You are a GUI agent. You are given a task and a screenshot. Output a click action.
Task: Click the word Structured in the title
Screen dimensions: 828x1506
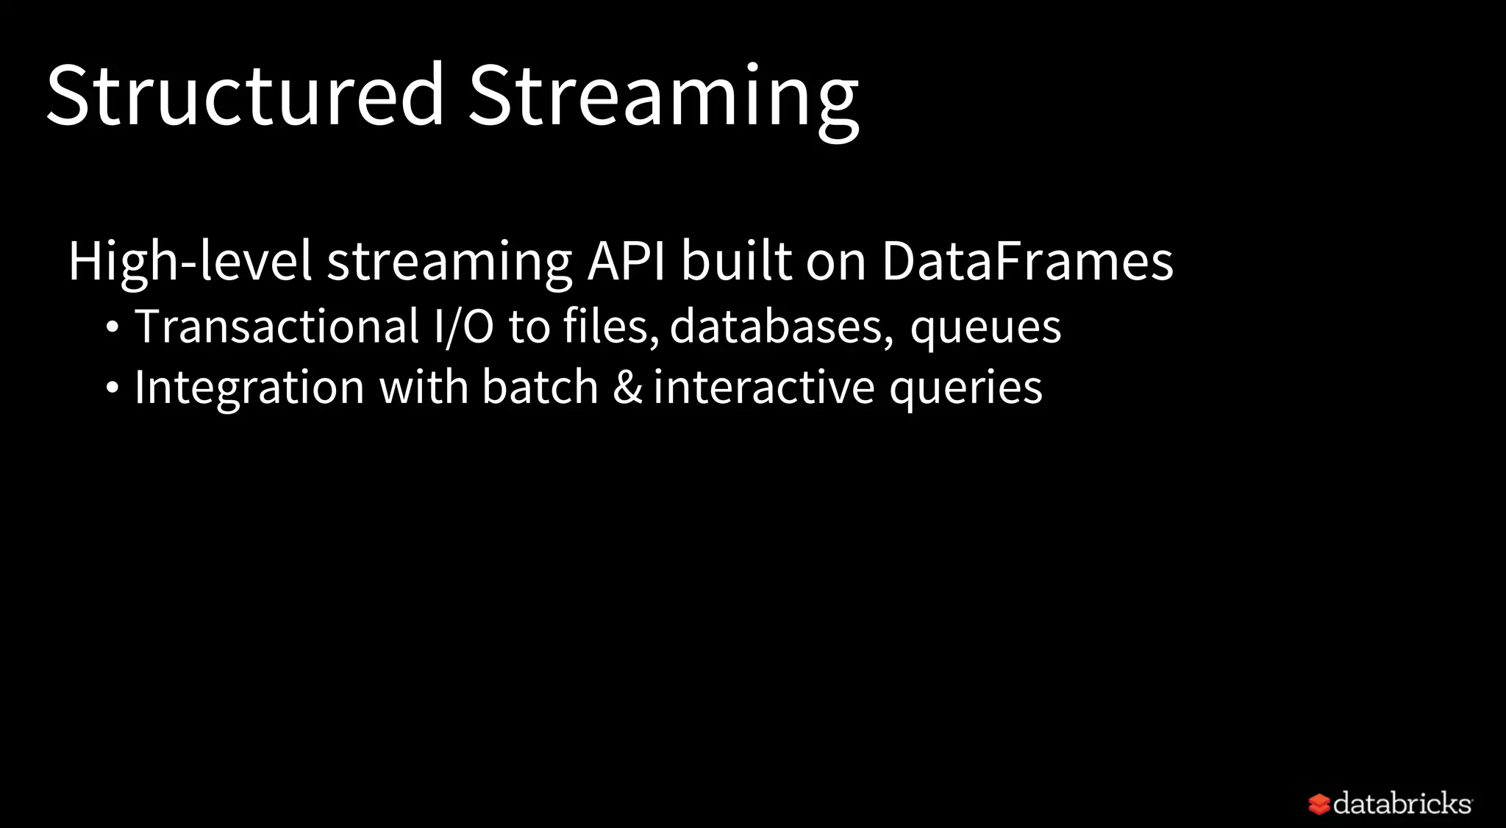tap(245, 96)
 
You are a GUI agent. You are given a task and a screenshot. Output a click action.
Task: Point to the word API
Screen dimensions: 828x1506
tap(627, 261)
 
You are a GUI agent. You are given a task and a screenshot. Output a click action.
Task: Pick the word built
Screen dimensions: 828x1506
tap(737, 261)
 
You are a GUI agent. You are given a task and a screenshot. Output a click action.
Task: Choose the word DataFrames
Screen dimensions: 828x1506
tap(1027, 261)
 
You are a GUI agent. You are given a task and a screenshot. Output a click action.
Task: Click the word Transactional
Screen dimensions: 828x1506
tap(276, 326)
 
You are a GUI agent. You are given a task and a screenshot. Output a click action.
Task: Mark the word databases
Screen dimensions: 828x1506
tap(780, 326)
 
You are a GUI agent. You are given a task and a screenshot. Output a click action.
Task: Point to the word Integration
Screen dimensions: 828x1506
tap(249, 388)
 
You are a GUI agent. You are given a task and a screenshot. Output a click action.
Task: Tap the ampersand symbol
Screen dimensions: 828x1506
tap(627, 388)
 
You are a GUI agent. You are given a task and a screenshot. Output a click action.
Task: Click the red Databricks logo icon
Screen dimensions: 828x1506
tap(1319, 804)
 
